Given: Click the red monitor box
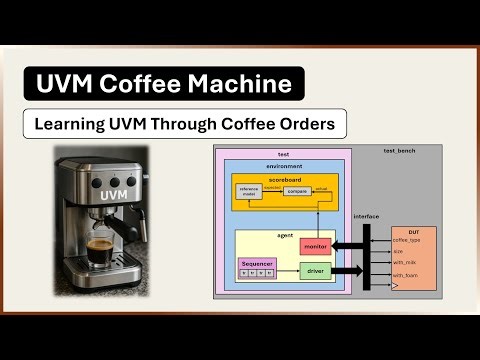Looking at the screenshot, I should [315, 245].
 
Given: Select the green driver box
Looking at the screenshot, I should [314, 271].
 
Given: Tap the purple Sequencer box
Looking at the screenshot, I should [258, 268].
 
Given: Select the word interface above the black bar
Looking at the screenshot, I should [367, 217].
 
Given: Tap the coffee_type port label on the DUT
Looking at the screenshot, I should [407, 238].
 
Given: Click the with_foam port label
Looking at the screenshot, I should [405, 274].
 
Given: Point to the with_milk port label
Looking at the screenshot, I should [405, 262].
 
